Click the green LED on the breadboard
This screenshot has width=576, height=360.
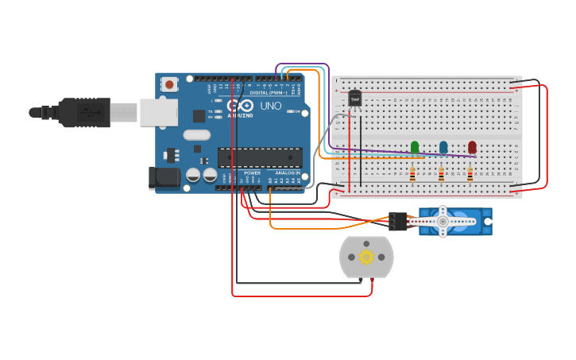[415, 147]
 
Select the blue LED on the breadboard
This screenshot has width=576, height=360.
[443, 147]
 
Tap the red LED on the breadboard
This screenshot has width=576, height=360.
[472, 147]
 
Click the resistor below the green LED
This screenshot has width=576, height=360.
[412, 174]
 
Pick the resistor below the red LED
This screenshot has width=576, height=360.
[470, 174]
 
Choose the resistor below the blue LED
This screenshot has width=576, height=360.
[441, 174]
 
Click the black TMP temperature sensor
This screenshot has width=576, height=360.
[354, 99]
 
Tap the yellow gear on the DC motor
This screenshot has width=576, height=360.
[366, 257]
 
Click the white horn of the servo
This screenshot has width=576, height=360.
[443, 221]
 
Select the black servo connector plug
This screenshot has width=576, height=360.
[397, 221]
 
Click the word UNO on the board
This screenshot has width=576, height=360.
[270, 106]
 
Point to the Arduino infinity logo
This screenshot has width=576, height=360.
[240, 106]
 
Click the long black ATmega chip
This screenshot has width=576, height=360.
[260, 157]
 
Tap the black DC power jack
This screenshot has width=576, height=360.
[164, 177]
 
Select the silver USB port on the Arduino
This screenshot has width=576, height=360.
[158, 112]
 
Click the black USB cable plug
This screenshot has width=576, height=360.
[84, 113]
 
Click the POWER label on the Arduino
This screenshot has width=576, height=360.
[252, 172]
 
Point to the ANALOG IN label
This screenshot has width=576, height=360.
[288, 172]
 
